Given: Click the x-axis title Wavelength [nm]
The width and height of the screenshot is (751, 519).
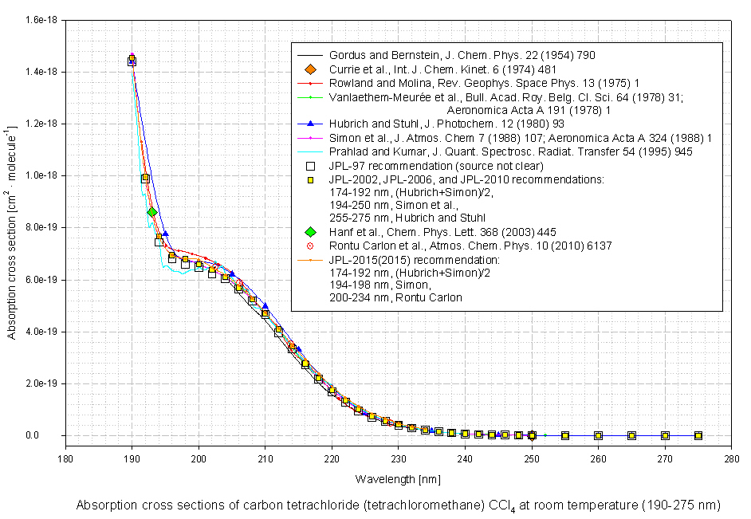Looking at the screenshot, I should click(396, 479).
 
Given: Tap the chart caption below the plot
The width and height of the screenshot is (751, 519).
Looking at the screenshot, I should click(398, 505).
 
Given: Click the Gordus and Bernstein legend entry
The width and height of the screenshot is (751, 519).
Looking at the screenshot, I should click(462, 56).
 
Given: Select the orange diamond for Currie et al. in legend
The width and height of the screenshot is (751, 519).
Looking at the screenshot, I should click(311, 69).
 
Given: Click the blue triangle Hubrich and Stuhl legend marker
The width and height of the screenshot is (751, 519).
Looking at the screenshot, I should click(311, 124).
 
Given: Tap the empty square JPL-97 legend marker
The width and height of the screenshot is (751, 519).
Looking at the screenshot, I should click(311, 166).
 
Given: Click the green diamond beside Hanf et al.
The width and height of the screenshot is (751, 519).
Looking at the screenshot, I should click(311, 232).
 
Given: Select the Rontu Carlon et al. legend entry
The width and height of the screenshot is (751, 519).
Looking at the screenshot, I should click(470, 246).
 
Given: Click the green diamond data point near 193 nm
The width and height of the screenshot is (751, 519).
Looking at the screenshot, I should click(151, 211).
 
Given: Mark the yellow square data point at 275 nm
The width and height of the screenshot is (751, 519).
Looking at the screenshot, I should click(698, 435).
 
